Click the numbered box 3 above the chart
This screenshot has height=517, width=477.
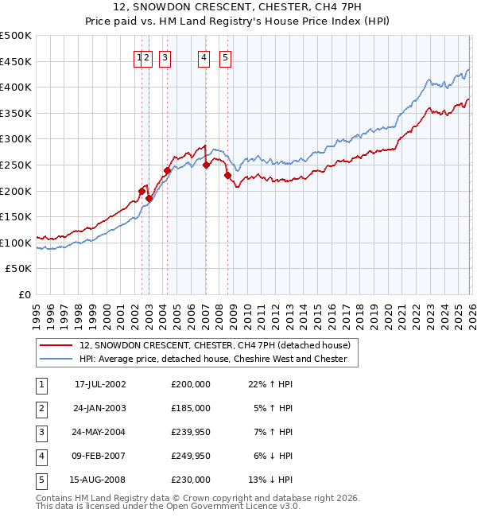[x=165, y=56]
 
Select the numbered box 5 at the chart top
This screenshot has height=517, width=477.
[x=226, y=56]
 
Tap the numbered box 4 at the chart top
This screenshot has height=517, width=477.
[x=204, y=56]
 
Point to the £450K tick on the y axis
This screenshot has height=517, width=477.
[x=16, y=61]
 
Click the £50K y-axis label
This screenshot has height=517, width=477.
[x=19, y=269]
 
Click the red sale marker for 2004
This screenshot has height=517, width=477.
[x=168, y=169]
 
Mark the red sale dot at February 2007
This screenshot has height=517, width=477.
[x=206, y=165]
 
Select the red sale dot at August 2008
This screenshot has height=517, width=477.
[x=227, y=175]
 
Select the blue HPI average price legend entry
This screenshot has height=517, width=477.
[x=213, y=359]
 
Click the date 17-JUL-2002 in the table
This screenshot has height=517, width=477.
[x=100, y=384]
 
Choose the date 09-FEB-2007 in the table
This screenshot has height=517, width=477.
[x=100, y=456]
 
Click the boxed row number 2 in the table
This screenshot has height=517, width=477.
[x=40, y=408]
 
